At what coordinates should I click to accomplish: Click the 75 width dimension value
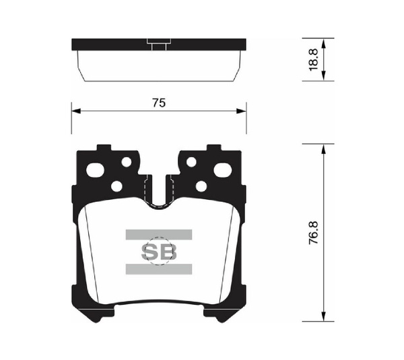tap(159, 103)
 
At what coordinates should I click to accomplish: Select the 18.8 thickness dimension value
tap(314, 60)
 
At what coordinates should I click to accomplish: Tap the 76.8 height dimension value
tap(314, 233)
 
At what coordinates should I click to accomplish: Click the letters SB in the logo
tap(159, 252)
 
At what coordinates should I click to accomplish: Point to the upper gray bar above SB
tap(159, 235)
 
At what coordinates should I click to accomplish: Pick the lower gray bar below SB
tap(159, 269)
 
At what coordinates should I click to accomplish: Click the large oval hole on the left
tap(95, 170)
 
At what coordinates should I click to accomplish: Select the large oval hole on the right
tap(223, 170)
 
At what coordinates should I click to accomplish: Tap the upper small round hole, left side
tap(127, 162)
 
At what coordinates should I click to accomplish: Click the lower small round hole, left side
tap(116, 186)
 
